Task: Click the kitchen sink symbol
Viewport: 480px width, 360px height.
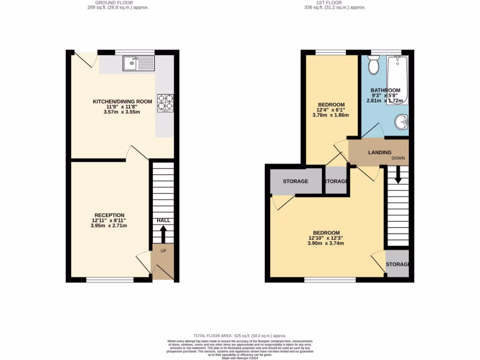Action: click(x=139, y=63)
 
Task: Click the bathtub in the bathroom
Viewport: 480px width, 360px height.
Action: click(x=397, y=80)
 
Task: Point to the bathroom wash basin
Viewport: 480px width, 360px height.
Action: click(x=401, y=122)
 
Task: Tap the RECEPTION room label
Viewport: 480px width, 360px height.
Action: click(x=108, y=215)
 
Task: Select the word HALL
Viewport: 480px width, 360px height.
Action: click(x=163, y=220)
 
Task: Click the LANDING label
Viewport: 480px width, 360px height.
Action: click(x=380, y=152)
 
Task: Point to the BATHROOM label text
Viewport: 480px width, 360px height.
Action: click(x=385, y=90)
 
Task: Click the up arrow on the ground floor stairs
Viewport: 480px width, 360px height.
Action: click(x=163, y=232)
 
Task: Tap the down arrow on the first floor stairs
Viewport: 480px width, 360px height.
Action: click(x=397, y=176)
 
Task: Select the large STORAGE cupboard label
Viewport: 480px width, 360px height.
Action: click(x=295, y=181)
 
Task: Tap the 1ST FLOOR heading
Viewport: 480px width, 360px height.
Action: click(x=334, y=3)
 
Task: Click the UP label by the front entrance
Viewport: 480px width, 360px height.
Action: click(x=164, y=251)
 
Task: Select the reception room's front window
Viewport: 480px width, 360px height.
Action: click(x=110, y=280)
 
